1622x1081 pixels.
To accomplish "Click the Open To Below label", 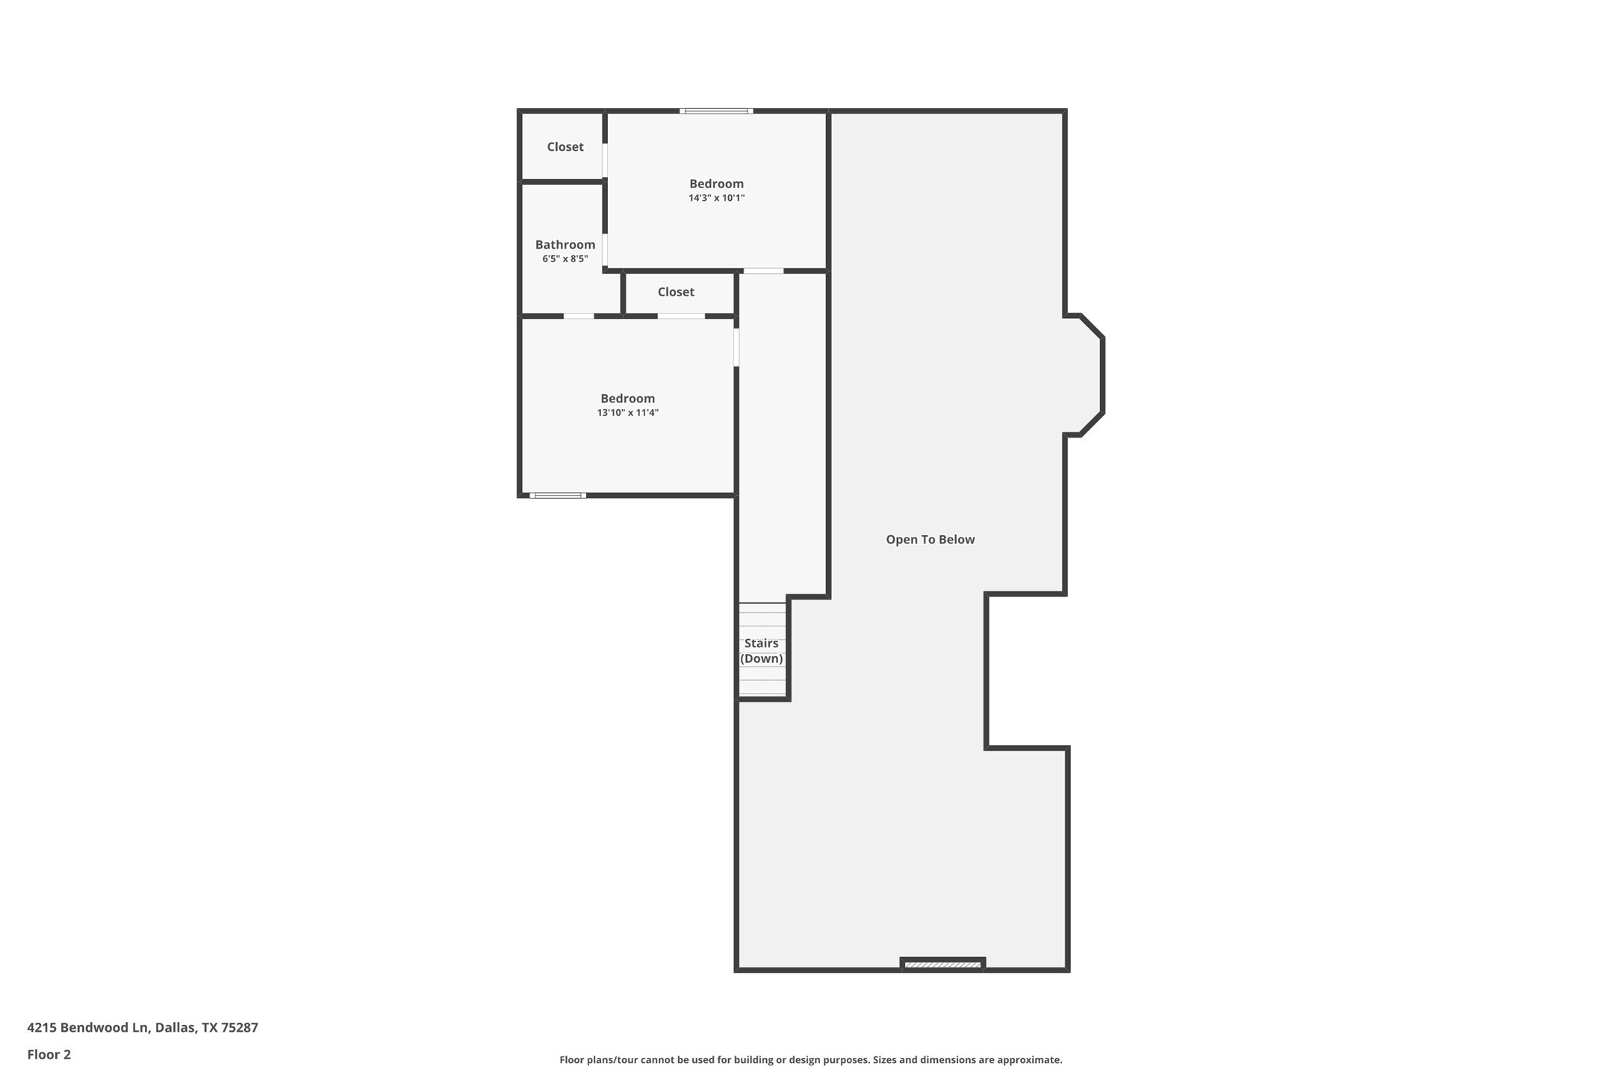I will pos(930,539).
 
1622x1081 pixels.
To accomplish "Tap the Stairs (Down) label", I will pos(761,650).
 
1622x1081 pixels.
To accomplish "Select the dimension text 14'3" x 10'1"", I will pos(716,198).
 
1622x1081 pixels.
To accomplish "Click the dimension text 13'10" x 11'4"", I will pos(627,413).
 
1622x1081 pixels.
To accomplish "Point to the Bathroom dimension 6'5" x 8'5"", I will pos(565,259).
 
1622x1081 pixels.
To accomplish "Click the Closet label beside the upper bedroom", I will pos(565,147).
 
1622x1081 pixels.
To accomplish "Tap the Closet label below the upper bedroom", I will pos(675,292).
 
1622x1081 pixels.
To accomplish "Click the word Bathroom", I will pos(565,245).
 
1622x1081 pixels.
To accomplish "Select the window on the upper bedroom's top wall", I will pos(715,111).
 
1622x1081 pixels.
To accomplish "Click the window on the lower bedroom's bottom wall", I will pos(557,495).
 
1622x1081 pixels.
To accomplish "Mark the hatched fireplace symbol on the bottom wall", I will pos(942,965).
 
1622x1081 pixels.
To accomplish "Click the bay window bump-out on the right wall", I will pos(1087,375).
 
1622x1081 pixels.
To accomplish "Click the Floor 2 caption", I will pos(49,1055).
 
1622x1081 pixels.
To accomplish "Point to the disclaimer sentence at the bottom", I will pos(810,1059).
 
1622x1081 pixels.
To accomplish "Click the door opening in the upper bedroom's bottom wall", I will pos(762,271).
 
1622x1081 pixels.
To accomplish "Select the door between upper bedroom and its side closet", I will pos(605,160).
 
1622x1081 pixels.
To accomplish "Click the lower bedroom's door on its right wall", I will pos(736,347).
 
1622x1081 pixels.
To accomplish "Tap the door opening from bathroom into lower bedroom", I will pos(578,316).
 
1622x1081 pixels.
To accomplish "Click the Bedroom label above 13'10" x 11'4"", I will pos(627,399).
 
